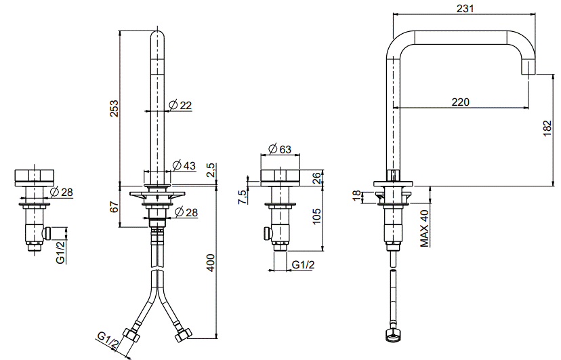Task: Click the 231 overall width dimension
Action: point(465,8)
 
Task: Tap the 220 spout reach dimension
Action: point(460,102)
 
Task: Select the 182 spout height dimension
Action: point(547,128)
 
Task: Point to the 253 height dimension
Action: point(114,108)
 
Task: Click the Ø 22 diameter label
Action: point(180,105)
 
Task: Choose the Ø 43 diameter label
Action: point(184,165)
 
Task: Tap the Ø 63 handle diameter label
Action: point(280,149)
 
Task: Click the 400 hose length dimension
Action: point(211,262)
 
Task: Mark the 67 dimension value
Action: point(114,207)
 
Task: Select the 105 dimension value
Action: point(316,216)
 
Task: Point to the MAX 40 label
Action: point(424,228)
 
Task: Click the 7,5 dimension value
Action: point(242,197)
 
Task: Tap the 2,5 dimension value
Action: point(211,170)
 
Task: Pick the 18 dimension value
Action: point(357,196)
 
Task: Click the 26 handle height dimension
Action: point(316,178)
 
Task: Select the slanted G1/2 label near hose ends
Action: point(108,341)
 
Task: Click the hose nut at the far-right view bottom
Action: point(392,334)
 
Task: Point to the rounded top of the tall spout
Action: point(157,35)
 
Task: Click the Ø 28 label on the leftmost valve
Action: point(62,192)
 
